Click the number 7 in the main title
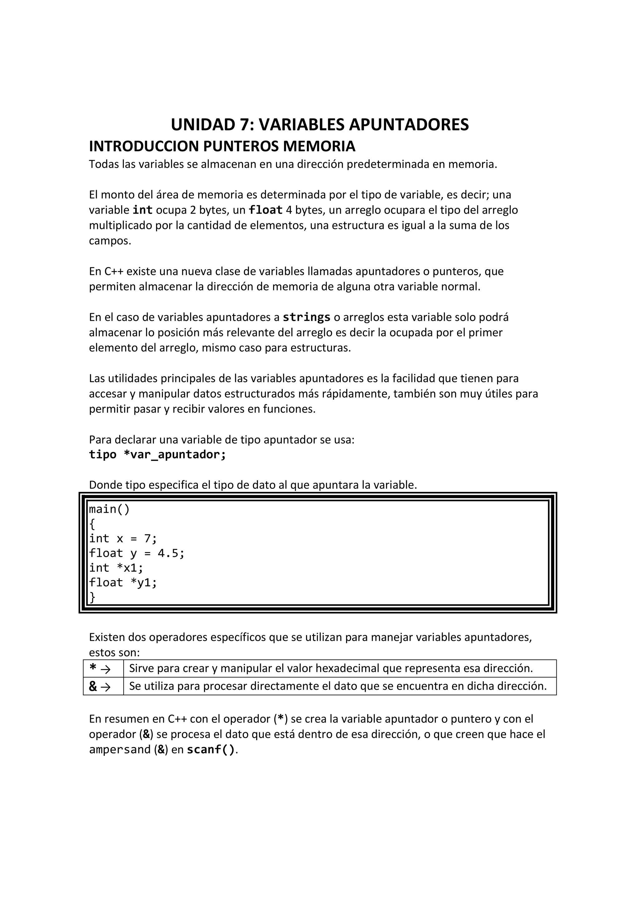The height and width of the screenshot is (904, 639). point(245,125)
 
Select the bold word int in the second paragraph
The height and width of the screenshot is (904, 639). point(143,210)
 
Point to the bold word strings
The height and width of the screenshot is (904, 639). point(306,317)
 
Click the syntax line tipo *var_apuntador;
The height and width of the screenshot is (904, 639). point(158,454)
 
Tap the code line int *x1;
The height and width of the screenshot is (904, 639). point(116,568)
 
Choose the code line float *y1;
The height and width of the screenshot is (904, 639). point(123,582)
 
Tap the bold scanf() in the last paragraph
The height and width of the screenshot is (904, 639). point(211,750)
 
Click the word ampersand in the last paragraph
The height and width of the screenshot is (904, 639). point(120,750)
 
